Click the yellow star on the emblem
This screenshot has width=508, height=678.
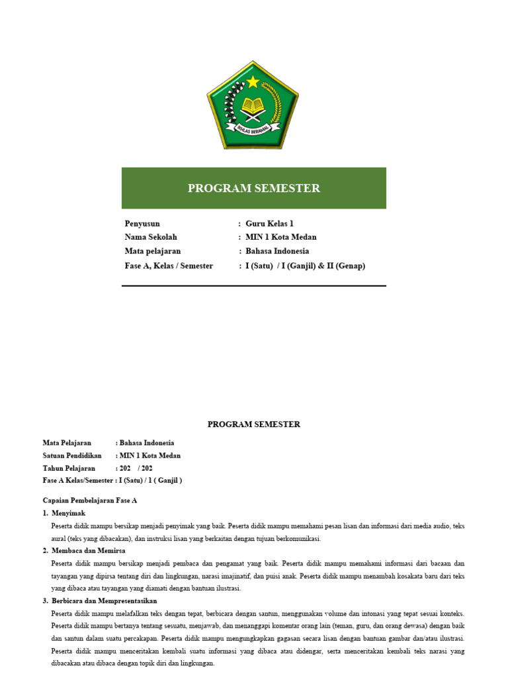click(x=253, y=82)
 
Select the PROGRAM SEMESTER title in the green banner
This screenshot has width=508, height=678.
click(x=253, y=189)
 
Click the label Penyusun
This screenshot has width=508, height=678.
click(x=142, y=224)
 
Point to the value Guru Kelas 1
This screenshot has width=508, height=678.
click(x=269, y=224)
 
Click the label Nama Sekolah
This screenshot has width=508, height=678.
click(x=151, y=237)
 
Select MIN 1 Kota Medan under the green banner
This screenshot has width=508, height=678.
click(x=281, y=237)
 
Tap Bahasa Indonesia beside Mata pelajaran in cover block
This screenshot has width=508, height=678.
click(x=277, y=252)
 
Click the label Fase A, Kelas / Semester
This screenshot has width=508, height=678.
click(x=169, y=266)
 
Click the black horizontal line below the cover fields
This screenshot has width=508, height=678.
click(x=253, y=286)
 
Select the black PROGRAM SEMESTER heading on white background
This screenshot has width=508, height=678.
click(x=253, y=424)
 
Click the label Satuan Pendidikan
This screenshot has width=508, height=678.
click(x=72, y=456)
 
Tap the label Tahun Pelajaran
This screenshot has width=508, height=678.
click(x=69, y=468)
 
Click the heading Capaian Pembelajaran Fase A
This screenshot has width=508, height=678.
click(x=89, y=501)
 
